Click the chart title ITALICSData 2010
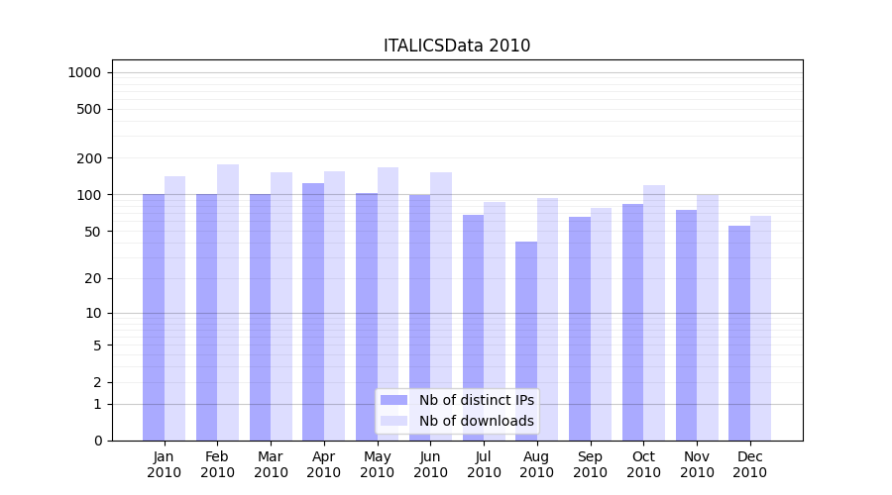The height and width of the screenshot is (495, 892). tap(457, 46)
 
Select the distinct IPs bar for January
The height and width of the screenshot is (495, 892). tap(154, 317)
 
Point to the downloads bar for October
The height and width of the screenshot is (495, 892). tap(654, 313)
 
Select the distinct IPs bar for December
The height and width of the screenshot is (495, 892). tap(739, 333)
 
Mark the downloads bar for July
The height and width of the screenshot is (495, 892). tap(495, 321)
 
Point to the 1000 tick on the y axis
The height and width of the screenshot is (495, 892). tap(84, 72)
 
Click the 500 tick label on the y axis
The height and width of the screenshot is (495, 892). tap(90, 109)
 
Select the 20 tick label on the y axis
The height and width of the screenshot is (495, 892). tap(93, 278)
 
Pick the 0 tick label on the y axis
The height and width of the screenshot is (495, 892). tap(97, 441)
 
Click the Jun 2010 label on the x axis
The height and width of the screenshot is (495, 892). tap(430, 464)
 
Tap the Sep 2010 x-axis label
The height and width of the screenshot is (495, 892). tap(590, 464)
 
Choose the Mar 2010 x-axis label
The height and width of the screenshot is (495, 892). tap(271, 464)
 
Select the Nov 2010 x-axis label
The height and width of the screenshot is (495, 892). tap(697, 464)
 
